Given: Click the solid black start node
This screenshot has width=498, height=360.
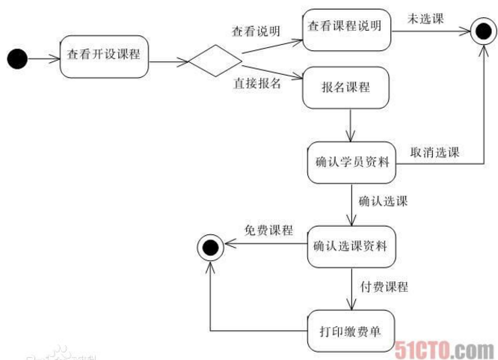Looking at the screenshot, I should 16,57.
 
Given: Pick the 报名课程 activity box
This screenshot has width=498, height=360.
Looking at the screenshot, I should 345,88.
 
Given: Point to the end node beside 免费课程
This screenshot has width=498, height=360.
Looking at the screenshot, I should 208,245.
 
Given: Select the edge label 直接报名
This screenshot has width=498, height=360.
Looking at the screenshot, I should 258,83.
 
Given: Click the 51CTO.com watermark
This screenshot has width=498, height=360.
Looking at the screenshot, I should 447,348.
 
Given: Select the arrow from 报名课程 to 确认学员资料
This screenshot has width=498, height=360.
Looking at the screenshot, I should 349,124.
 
